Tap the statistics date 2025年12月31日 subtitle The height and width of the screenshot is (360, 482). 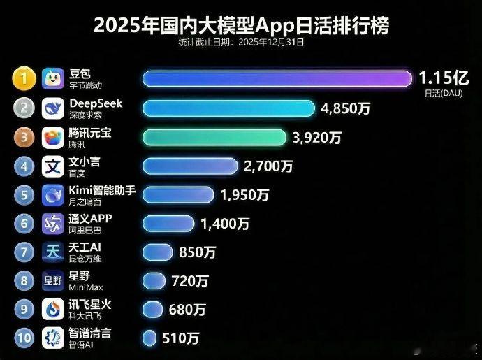[x=241, y=42]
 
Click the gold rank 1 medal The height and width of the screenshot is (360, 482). [x=24, y=79]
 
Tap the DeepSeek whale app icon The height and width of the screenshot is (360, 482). [x=54, y=108]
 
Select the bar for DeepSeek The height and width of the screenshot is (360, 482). [x=228, y=108]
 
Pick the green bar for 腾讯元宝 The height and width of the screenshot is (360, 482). [x=214, y=137]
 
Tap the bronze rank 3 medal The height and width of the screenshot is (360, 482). [x=24, y=137]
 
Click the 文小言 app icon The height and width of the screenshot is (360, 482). [x=54, y=166]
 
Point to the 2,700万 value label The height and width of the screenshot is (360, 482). [x=268, y=166]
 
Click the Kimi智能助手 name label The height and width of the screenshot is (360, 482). [x=102, y=190]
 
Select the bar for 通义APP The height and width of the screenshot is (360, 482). [x=168, y=223]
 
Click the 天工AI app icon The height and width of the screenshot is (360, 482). [x=54, y=252]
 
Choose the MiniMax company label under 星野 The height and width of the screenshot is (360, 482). [x=86, y=287]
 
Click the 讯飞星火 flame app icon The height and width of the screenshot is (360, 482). [x=54, y=310]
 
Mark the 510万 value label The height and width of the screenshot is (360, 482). [x=181, y=338]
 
